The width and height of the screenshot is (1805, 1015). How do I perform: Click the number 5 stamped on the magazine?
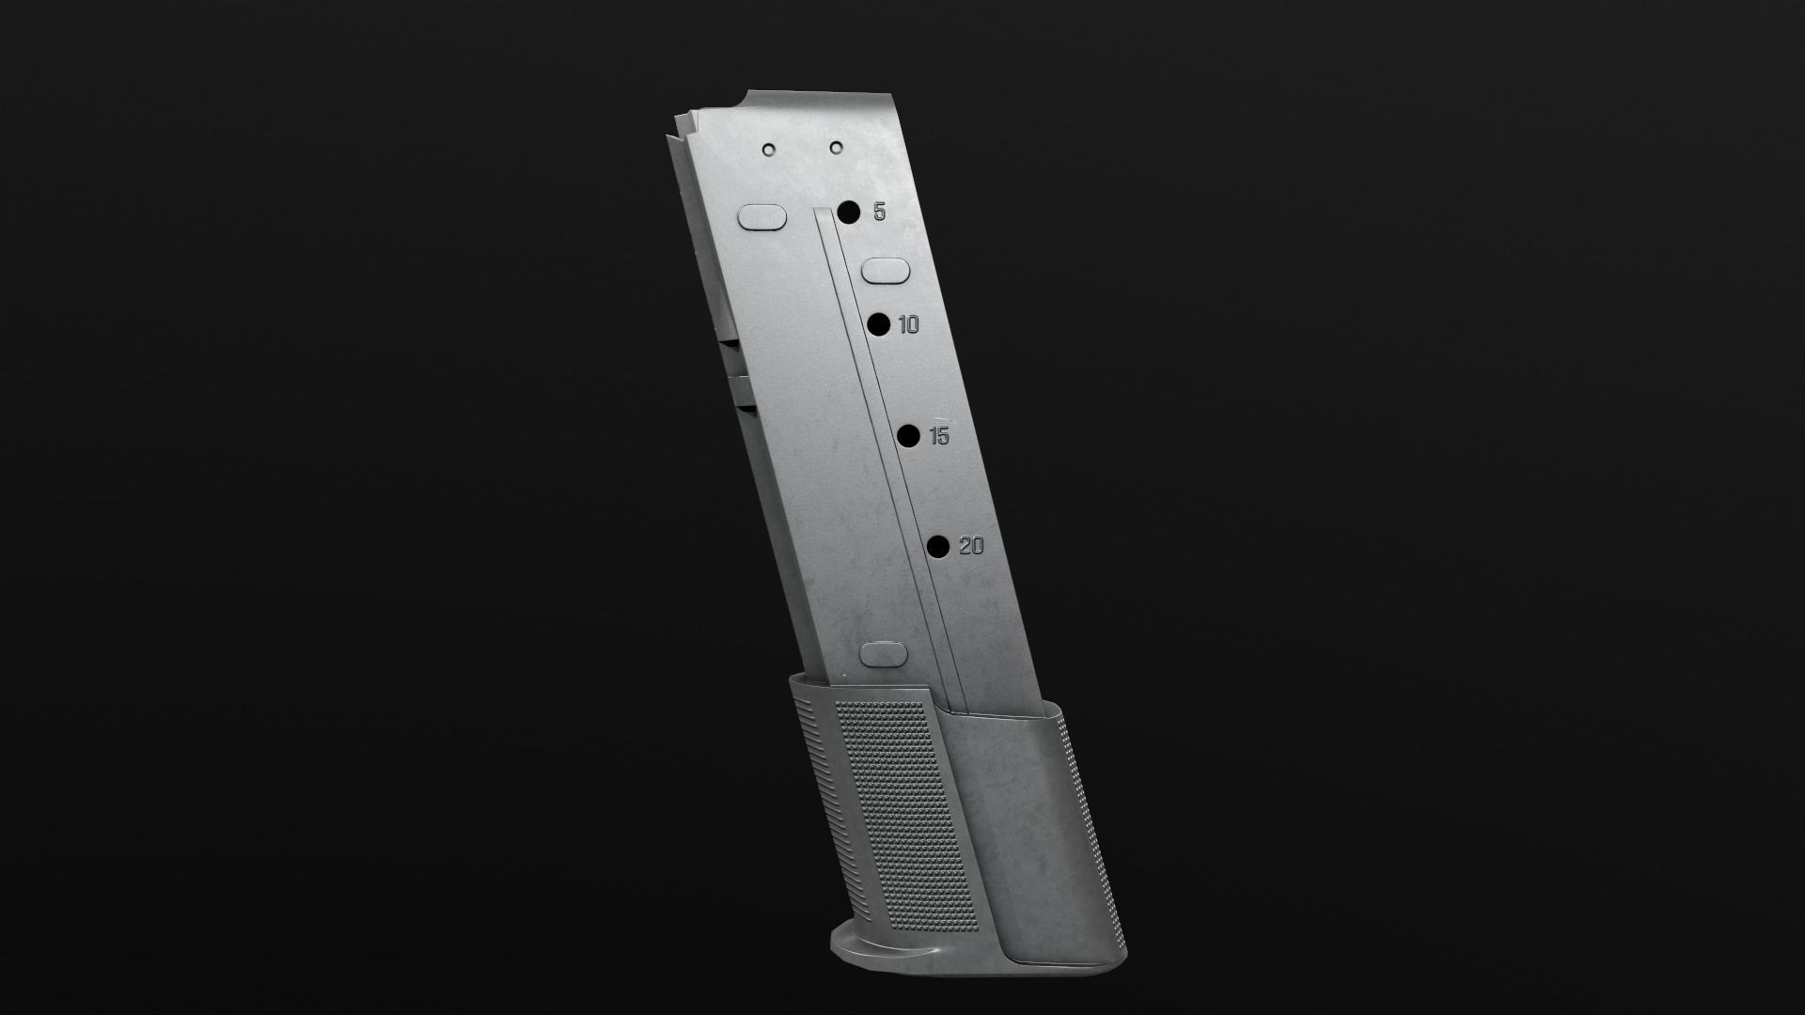879,212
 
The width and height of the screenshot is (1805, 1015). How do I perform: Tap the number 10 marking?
908,325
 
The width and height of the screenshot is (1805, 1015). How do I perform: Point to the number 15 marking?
938,436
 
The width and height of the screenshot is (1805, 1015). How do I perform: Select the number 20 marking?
971,546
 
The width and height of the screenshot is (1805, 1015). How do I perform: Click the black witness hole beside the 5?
849,211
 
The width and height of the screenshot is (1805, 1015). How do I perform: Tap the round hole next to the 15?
908,436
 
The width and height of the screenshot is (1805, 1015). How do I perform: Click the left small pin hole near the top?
769,148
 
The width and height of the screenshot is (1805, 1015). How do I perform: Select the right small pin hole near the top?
836,147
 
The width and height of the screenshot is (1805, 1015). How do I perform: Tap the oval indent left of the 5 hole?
762,217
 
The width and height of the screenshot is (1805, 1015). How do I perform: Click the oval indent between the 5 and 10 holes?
886,272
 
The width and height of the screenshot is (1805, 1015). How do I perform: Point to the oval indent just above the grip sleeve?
884,654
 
